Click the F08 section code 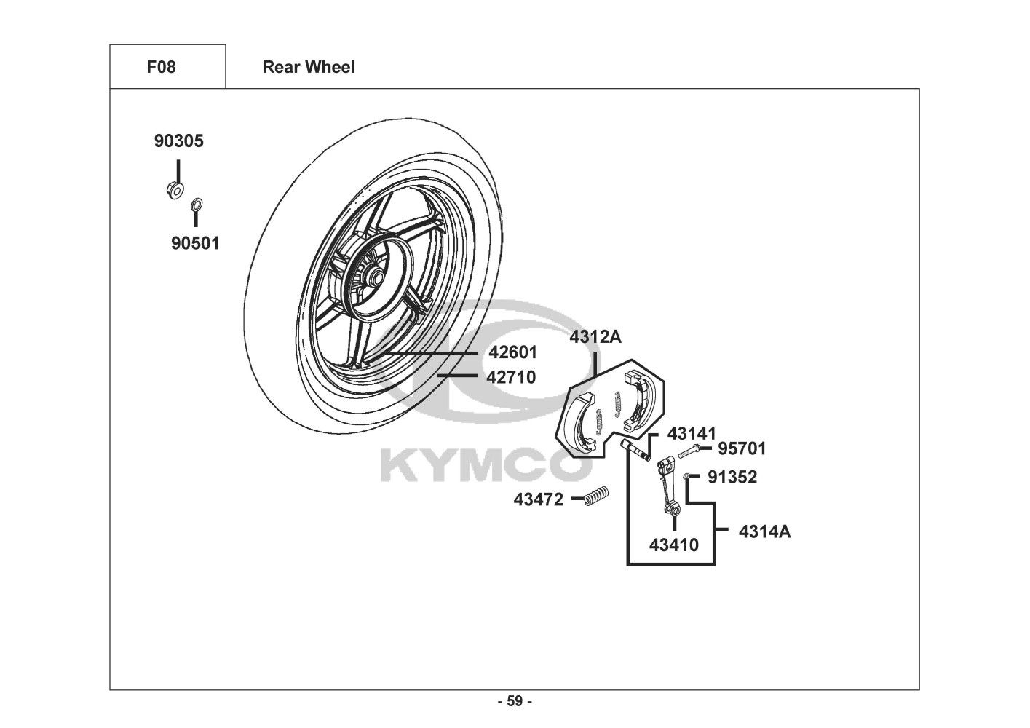tap(161, 67)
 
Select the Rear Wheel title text tap(309, 67)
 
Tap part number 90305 tap(179, 141)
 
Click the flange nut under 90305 tap(175, 190)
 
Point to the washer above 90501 tap(197, 204)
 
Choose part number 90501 tap(195, 243)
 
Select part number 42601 tap(512, 353)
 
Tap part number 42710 tap(511, 378)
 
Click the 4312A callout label tap(595, 337)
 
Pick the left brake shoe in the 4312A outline tap(581, 421)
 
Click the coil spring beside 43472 tap(596, 496)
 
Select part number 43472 tap(539, 499)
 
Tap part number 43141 tap(692, 434)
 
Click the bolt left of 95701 tap(689, 451)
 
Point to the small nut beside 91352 tap(686, 476)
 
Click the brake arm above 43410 tap(667, 486)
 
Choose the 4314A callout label tap(765, 531)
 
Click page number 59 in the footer tap(515, 701)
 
